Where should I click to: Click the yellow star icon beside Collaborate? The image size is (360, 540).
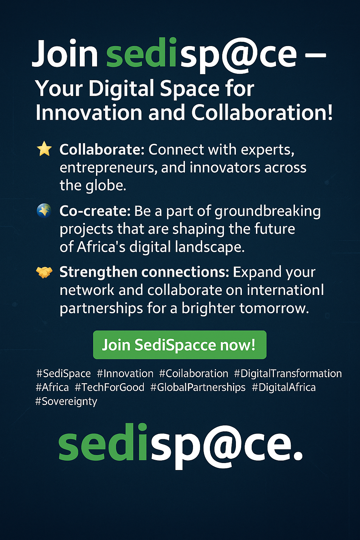(x=44, y=149)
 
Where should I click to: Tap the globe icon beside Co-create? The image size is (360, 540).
(x=44, y=211)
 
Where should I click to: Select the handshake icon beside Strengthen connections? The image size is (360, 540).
(x=44, y=272)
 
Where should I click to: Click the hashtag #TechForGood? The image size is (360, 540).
(x=109, y=387)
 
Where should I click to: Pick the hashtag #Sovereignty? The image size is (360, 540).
(x=66, y=401)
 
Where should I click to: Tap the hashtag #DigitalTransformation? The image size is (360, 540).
(x=288, y=373)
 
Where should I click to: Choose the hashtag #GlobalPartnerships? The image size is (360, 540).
(x=198, y=387)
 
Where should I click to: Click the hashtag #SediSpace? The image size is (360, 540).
(x=63, y=374)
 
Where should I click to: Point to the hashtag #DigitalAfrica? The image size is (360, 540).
(x=284, y=387)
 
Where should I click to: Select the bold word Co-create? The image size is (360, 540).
(x=95, y=211)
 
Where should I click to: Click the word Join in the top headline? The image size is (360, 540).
(x=65, y=53)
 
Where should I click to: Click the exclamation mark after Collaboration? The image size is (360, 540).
(x=329, y=112)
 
